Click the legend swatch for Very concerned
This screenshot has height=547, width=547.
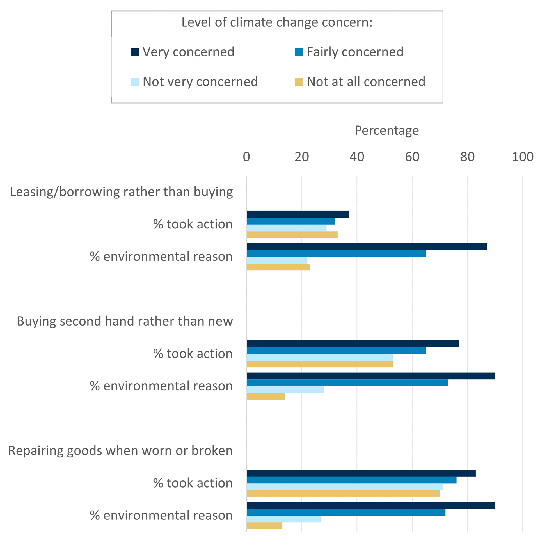[135, 52]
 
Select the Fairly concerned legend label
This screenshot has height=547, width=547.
[355, 52]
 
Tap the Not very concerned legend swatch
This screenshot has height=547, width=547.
[135, 82]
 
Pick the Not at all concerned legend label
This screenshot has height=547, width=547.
[366, 82]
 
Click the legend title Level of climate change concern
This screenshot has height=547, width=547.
[277, 22]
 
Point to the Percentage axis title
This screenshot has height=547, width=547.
[386, 131]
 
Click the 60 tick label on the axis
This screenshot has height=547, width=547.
[412, 157]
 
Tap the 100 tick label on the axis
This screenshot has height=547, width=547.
[522, 157]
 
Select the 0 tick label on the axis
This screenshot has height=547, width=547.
[246, 157]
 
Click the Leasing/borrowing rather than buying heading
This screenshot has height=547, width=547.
[122, 192]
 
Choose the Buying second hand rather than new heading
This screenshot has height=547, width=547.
[125, 321]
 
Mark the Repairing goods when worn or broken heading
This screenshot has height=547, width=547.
[120, 451]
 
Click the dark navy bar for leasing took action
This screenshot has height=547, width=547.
[297, 214]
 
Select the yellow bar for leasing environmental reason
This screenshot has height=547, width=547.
[278, 267]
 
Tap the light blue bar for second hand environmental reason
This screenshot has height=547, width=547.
[285, 390]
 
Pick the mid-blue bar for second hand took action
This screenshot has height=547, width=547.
[336, 351]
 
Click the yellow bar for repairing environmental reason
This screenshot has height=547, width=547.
[264, 526]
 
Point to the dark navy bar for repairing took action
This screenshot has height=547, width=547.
[361, 473]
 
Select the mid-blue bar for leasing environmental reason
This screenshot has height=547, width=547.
[336, 253]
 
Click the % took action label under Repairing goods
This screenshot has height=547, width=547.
[193, 483]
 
